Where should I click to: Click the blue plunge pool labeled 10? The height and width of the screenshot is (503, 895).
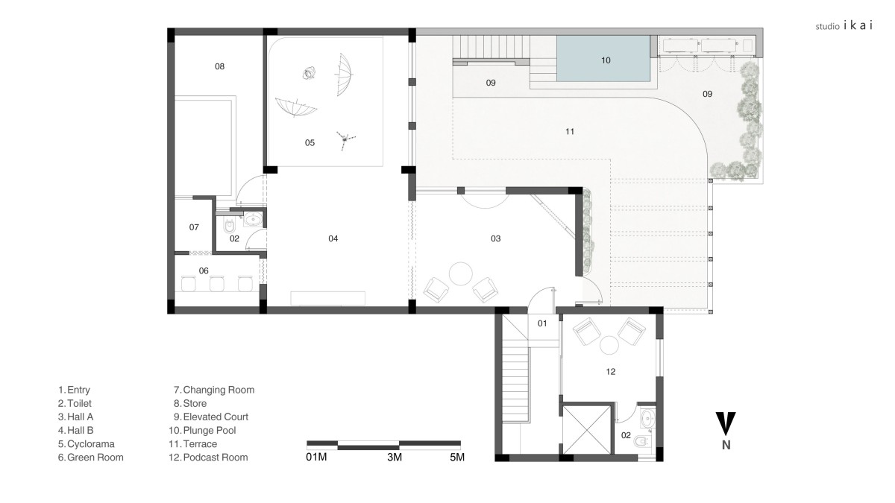point(603,58)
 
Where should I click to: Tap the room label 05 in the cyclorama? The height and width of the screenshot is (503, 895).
point(310,142)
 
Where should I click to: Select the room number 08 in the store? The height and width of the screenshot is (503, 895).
point(219,66)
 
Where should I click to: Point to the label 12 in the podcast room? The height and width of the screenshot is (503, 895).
point(611,372)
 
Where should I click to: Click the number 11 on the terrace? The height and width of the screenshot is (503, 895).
point(570,131)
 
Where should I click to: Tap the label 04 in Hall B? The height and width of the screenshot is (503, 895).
point(333,238)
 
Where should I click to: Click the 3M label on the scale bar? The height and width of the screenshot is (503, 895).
point(395,458)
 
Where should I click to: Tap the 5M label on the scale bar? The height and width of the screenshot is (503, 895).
point(457,458)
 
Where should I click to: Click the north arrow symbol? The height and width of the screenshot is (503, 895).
point(726,424)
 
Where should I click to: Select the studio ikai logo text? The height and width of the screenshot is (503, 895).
point(844,26)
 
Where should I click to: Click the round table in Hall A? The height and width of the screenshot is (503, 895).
point(461,273)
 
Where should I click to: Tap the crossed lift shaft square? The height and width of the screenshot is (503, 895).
point(586,430)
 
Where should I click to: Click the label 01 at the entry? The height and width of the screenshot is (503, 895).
point(541,323)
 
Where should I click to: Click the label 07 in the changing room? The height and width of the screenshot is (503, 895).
point(194,227)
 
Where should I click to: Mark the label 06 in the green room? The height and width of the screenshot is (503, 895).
point(204,271)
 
